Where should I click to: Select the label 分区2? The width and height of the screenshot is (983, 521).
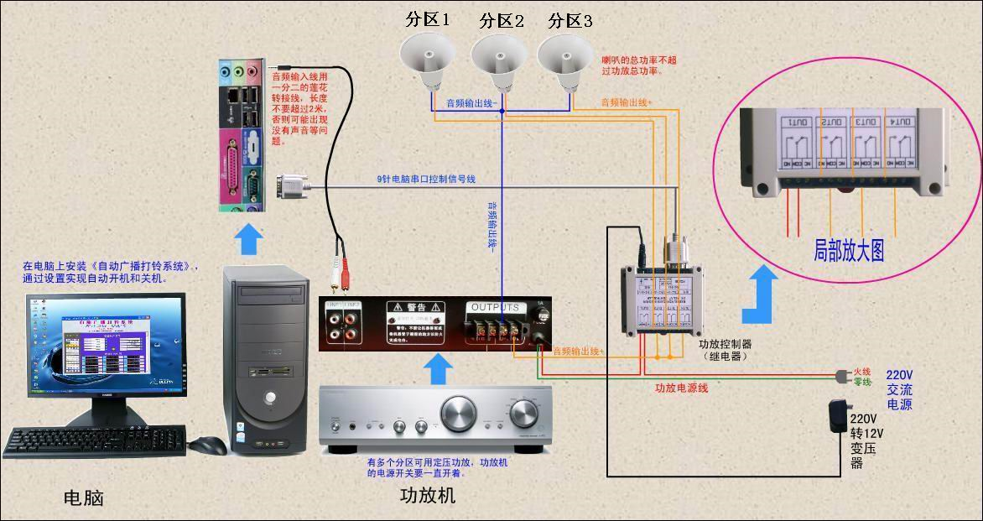[x=502, y=21]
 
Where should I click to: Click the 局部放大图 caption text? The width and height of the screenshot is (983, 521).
[x=849, y=249]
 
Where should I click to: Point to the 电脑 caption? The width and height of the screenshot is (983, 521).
[x=84, y=498]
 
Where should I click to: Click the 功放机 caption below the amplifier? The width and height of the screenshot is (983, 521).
[x=428, y=495]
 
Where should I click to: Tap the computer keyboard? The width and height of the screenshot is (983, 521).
[x=95, y=440]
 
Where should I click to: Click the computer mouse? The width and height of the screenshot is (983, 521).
[x=207, y=445]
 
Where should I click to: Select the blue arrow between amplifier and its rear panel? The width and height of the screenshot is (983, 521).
[x=436, y=368]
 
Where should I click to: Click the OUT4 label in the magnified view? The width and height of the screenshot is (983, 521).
[x=898, y=123]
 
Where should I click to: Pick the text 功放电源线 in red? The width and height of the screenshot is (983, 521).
[x=682, y=388]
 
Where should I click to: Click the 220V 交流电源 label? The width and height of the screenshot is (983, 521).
[x=899, y=389]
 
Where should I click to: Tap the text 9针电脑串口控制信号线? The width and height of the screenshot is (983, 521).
[x=426, y=179]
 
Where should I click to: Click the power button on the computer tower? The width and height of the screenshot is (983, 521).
[x=270, y=396]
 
